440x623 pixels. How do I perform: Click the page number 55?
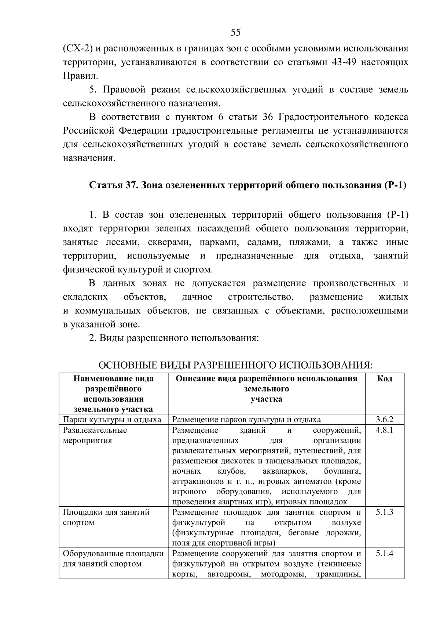click(236, 33)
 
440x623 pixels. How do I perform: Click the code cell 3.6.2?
click(384, 420)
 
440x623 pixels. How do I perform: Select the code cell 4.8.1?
click(384, 430)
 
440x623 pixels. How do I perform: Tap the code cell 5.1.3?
click(384, 512)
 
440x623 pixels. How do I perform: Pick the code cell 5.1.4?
click(384, 554)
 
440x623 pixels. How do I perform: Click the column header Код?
click(384, 379)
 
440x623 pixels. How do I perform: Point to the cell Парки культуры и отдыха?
click(112, 420)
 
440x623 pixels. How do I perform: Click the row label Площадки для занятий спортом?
click(106, 517)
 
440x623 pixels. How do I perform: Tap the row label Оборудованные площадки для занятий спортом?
click(113, 559)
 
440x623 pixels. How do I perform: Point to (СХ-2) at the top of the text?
click(78, 48)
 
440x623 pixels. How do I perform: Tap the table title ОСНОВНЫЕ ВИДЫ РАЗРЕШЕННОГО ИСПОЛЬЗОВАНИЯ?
click(236, 366)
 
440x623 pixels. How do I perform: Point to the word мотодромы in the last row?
click(283, 575)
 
